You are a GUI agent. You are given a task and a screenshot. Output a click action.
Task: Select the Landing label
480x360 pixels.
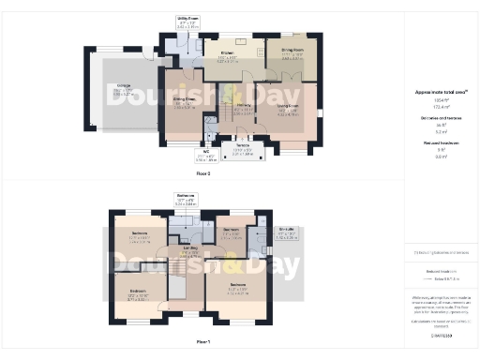pyautogui.click(x=190, y=250)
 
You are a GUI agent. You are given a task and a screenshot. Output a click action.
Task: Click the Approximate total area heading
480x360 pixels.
pyautogui.click(x=440, y=92)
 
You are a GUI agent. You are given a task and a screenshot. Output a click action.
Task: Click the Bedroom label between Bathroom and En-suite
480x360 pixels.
pyautogui.click(x=231, y=232)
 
